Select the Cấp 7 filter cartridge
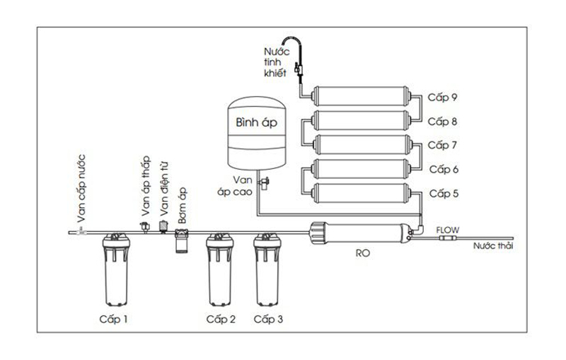tap(361, 145)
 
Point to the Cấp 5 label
tap(444, 193)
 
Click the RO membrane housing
tap(361, 231)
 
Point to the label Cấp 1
tap(113, 319)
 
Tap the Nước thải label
tap(493, 246)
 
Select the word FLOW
tap(448, 229)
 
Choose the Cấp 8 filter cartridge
tap(361, 121)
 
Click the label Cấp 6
tap(444, 169)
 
